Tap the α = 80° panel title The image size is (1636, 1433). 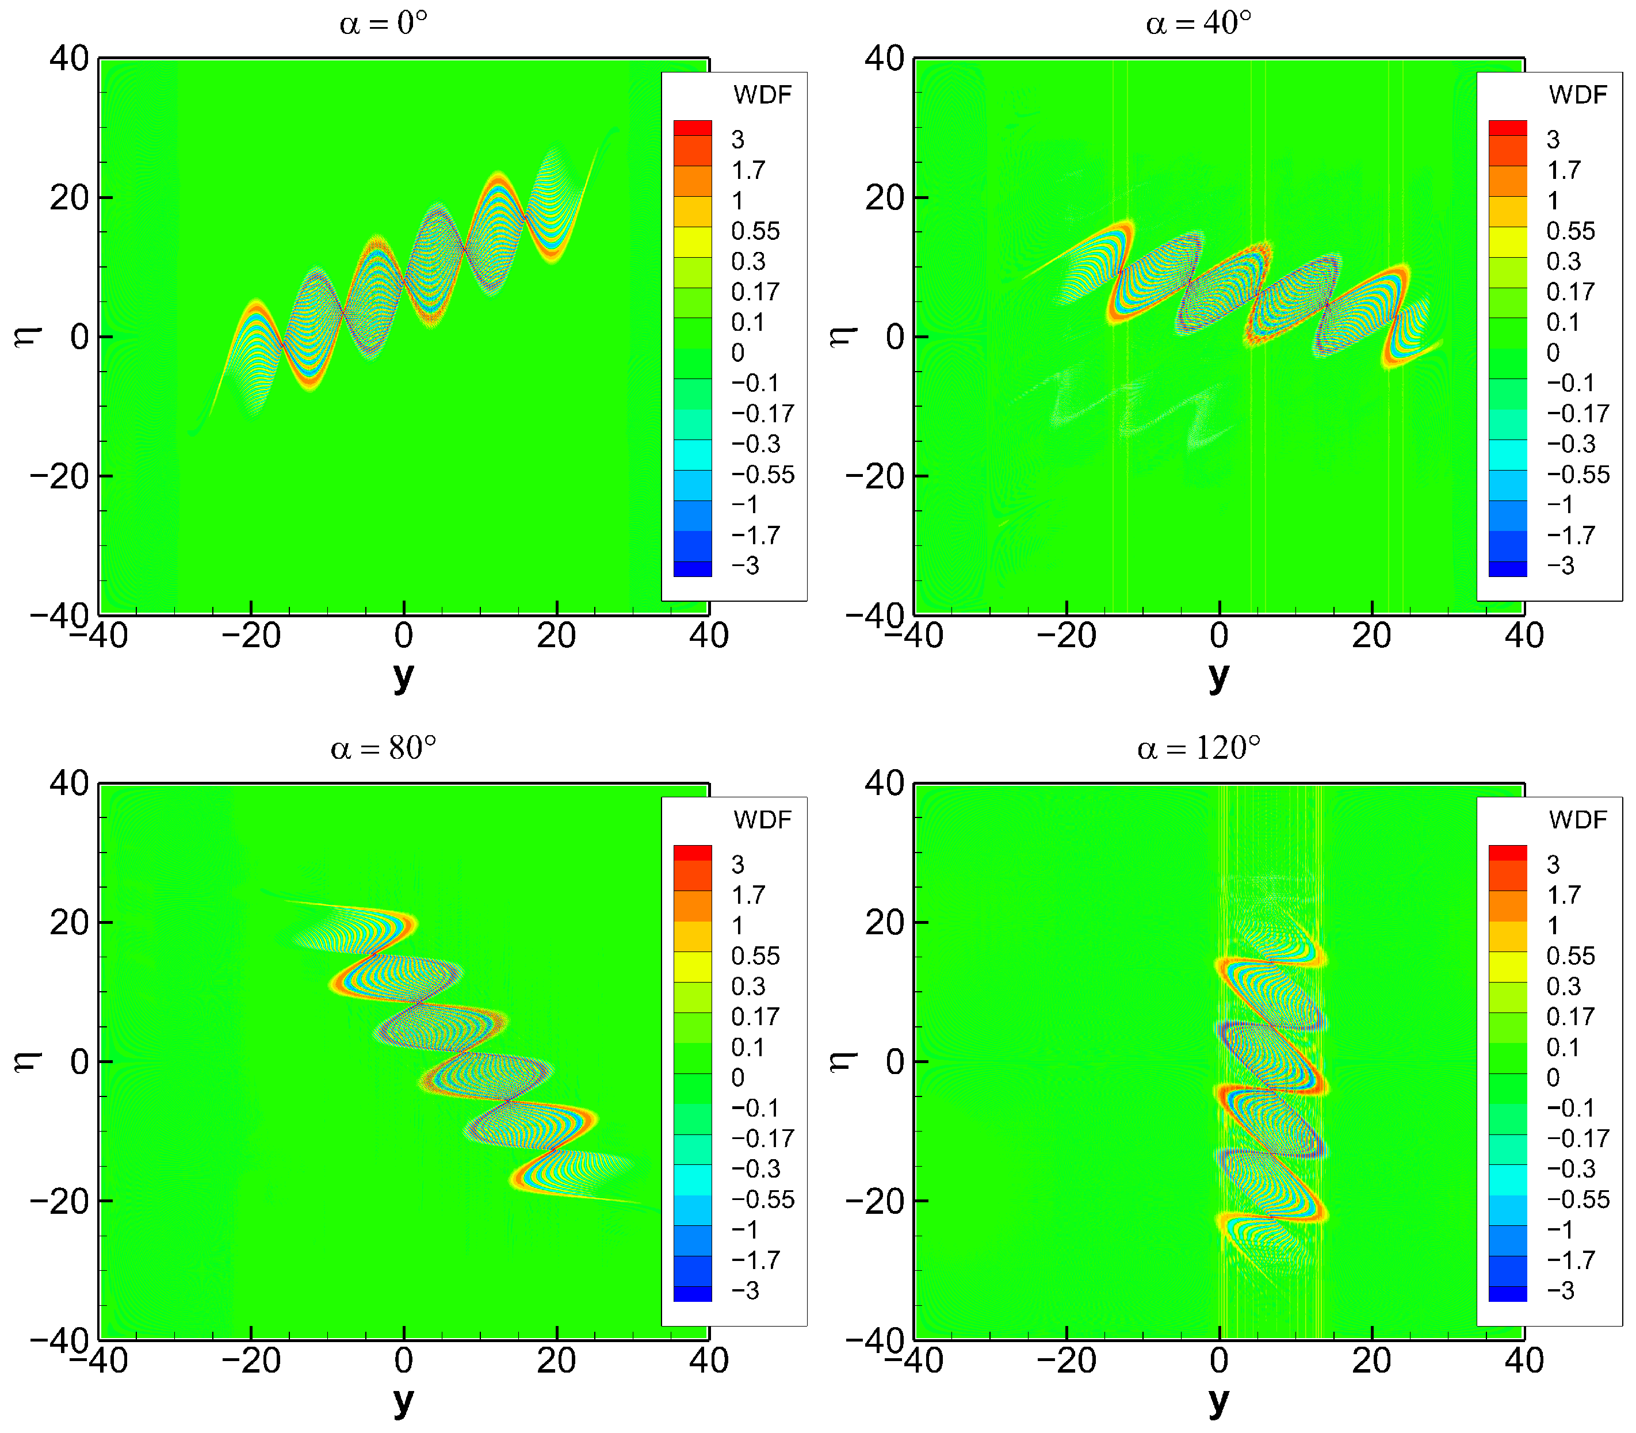(x=383, y=748)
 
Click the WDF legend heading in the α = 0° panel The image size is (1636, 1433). (x=762, y=95)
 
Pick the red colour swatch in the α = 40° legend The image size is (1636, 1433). (x=1507, y=128)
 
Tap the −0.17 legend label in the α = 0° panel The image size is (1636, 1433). (x=762, y=414)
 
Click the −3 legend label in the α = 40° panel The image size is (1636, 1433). (x=1560, y=565)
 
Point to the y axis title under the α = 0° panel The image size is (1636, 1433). (x=404, y=677)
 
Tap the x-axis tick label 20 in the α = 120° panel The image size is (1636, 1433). (x=1371, y=1361)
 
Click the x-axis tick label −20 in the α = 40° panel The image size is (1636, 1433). (x=1067, y=636)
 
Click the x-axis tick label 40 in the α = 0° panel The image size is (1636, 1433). (x=709, y=636)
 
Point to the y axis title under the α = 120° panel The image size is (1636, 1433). (x=1218, y=1401)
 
